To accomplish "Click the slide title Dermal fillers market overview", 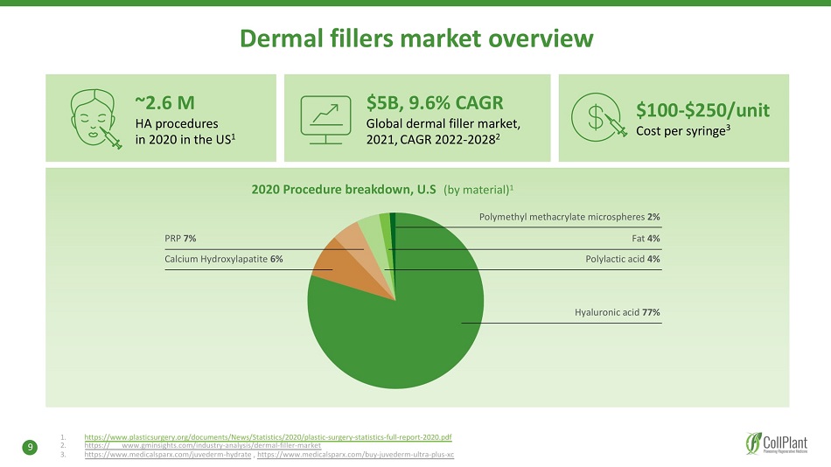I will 416,38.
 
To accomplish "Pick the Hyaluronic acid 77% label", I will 617,312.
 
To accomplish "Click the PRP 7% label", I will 180,238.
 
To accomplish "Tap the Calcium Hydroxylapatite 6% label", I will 223,259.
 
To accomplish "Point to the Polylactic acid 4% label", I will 622,259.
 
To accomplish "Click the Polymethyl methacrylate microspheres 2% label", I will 569,216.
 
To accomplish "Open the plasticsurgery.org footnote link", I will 268,436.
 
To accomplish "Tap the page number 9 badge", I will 31,448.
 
